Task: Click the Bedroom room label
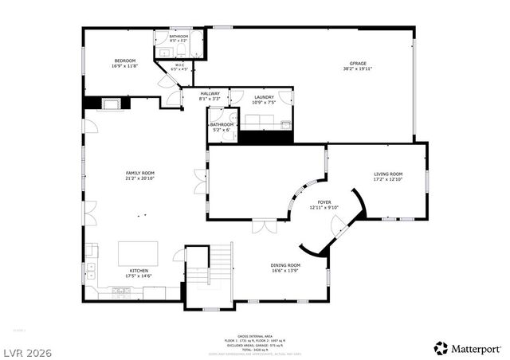point(124,61)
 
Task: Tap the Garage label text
point(358,63)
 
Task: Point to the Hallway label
point(210,94)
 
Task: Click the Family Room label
point(139,173)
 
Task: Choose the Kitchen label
point(139,271)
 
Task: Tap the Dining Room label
point(285,265)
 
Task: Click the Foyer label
point(324,202)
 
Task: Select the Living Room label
point(388,174)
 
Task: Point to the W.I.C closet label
point(180,65)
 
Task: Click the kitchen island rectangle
point(138,254)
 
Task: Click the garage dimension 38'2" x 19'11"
point(358,68)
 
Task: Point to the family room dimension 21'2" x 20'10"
point(139,178)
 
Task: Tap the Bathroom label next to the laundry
point(222,124)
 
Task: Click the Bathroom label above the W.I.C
point(178,36)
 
